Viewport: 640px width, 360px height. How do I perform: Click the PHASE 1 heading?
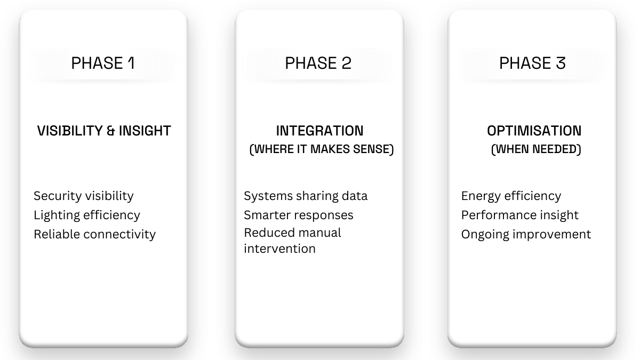coord(103,63)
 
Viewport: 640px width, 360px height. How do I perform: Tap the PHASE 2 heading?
coord(318,63)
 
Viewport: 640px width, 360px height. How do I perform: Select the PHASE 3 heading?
coord(532,63)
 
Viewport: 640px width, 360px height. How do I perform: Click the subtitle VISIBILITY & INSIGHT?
coord(104,131)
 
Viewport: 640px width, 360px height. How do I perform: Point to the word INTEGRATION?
coord(319,131)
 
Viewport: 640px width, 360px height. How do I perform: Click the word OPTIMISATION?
coord(534,131)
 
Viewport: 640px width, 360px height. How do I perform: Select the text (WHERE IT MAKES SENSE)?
coord(322,149)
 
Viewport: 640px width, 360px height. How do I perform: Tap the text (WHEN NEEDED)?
coord(536,149)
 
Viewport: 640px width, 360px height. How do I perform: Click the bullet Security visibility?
coord(84,196)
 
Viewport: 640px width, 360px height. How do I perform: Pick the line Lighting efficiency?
coord(87,215)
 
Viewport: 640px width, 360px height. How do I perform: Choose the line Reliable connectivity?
coord(95,234)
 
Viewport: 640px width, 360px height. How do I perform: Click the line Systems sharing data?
coord(306,196)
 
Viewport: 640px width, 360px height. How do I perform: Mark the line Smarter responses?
coord(299,215)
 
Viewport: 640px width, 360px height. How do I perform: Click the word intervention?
coord(279,249)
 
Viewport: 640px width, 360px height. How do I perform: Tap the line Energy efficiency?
coord(511,196)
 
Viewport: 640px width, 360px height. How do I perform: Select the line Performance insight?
coord(520,215)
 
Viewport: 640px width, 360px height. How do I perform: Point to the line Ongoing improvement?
coord(526,234)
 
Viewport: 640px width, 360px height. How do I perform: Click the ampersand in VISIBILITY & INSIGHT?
coord(111,131)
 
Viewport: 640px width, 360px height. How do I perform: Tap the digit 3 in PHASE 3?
coord(560,63)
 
